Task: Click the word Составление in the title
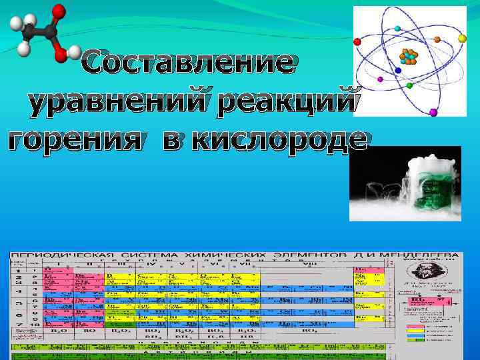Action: point(187,64)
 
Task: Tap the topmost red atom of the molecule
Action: point(59,11)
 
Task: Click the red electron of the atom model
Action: point(357,41)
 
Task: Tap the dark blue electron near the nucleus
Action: point(398,69)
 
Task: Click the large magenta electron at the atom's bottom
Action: point(433,111)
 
